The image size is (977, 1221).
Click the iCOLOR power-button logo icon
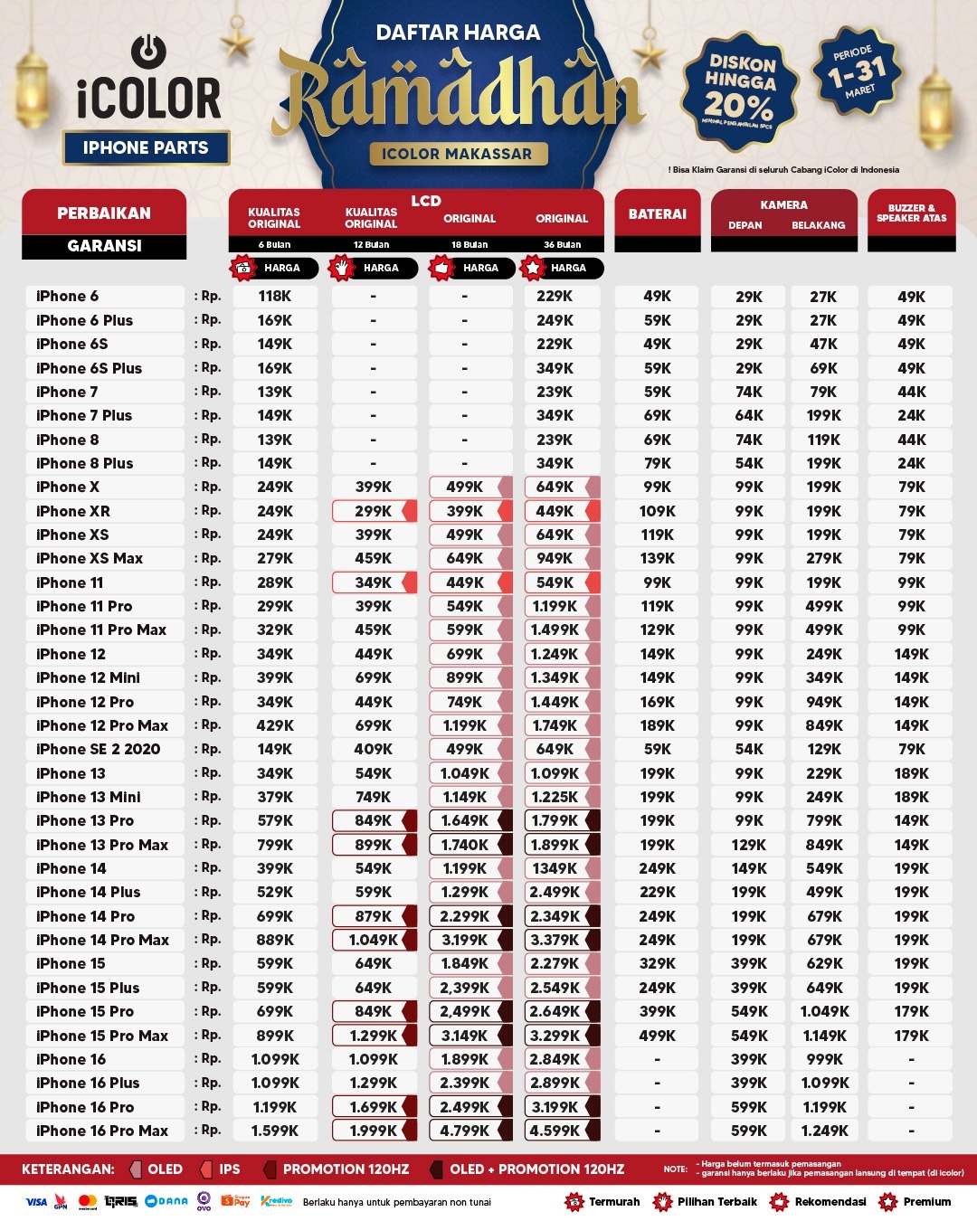[x=148, y=51]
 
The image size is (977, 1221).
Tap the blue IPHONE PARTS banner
[x=146, y=147]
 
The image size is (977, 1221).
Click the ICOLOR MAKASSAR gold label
[x=457, y=154]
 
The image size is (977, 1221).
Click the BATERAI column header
[x=658, y=214]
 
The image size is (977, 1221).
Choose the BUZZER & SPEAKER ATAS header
[x=911, y=213]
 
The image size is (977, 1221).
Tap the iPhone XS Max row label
[x=90, y=558]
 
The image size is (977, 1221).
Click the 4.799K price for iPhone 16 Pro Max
[x=464, y=1131]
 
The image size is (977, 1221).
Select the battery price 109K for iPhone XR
[x=658, y=511]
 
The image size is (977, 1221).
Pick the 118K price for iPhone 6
[x=275, y=296]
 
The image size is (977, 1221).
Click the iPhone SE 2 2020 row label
[x=98, y=749]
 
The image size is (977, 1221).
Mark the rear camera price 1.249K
[x=824, y=1131]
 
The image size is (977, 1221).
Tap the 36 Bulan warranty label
[x=562, y=245]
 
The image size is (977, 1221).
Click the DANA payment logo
[x=166, y=1201]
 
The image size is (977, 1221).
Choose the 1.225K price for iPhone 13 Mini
[x=555, y=797]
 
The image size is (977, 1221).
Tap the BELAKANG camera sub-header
[x=818, y=225]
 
